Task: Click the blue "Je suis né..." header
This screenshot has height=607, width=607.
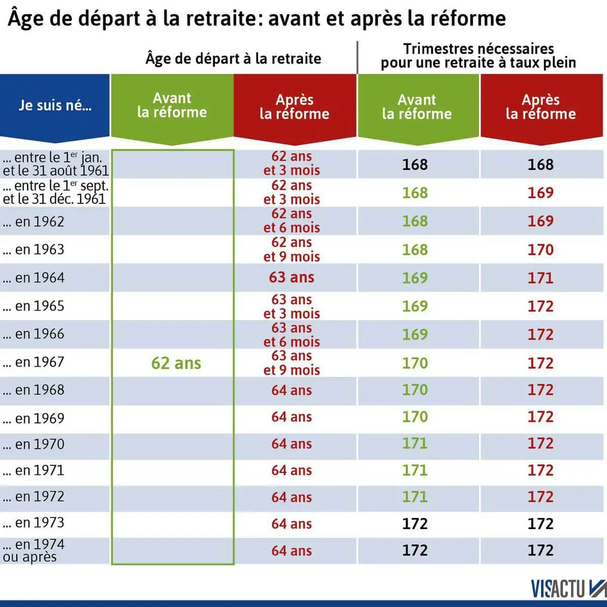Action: point(55,105)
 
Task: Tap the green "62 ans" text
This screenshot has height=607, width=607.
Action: point(176,363)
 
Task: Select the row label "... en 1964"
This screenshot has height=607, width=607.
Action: point(34,278)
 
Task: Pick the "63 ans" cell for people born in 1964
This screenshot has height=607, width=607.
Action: point(291,278)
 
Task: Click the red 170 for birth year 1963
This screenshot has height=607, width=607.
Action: point(540,249)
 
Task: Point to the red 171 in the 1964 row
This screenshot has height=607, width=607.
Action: point(540,278)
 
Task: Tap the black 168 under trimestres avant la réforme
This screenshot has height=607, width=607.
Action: point(415,164)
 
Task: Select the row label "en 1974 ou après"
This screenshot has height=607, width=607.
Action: point(34,550)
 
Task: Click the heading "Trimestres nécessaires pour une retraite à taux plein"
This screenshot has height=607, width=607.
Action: point(479,56)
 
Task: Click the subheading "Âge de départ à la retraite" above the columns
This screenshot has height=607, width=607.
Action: point(233,59)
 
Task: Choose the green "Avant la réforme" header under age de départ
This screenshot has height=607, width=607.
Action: point(172,105)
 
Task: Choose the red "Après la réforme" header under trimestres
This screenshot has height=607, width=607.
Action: point(540,107)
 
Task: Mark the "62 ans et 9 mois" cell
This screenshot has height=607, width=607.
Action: point(291,249)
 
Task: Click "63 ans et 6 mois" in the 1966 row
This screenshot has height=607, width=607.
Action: point(291,334)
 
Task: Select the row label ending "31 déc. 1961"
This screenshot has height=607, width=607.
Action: point(55,193)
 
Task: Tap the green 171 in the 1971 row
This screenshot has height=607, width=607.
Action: point(415,470)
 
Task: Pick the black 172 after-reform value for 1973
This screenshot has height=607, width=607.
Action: point(540,524)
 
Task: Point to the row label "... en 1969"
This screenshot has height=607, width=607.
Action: point(34,418)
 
